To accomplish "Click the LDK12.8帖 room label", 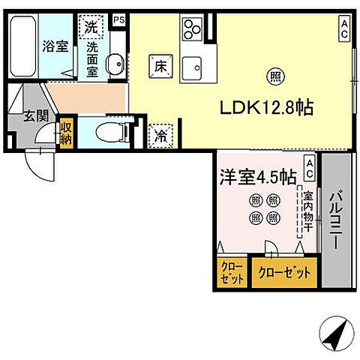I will point(265,108).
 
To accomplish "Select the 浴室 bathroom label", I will point(55,46).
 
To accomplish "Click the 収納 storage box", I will point(67,132).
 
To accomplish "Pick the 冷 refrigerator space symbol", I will point(162,135).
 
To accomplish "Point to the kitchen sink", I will point(193,66).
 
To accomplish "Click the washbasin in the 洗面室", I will point(114,64).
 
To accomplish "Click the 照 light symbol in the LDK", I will point(277,74).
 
